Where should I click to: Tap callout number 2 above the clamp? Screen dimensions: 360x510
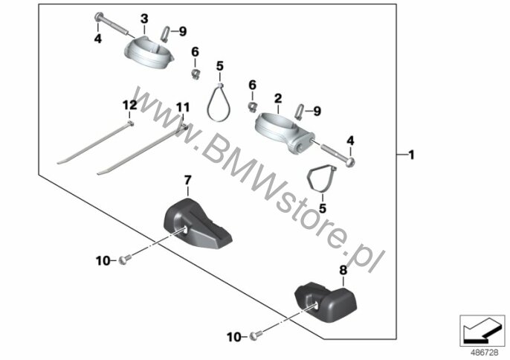coord(277,97)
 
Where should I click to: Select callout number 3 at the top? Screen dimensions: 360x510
coord(144,17)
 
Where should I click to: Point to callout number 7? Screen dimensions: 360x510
coord(187,180)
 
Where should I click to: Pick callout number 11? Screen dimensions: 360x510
coord(183,109)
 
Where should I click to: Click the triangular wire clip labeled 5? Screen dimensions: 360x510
coord(323,179)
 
